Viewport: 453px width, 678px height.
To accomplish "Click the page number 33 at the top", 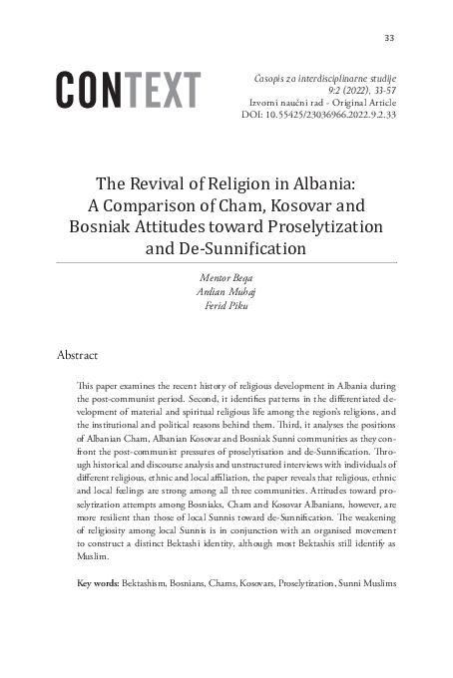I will (x=389, y=38).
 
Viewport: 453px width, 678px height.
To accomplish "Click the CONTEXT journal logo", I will (x=129, y=91).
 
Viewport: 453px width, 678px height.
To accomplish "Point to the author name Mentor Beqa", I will (x=226, y=270).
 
